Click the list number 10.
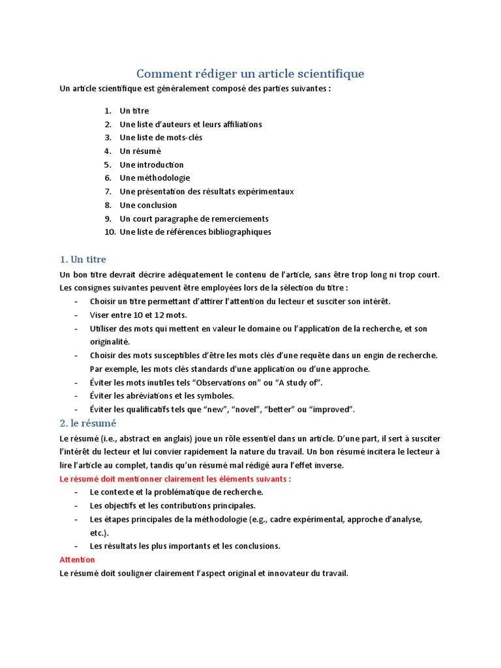click(x=110, y=232)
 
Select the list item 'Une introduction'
click(x=152, y=164)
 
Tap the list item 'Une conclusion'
click(x=148, y=205)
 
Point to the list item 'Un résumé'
click(x=140, y=151)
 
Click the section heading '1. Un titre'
click(x=82, y=259)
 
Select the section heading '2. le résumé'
click(x=87, y=423)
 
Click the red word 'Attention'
click(x=77, y=560)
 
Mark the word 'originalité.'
click(x=110, y=341)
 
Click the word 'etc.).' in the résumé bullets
click(x=99, y=532)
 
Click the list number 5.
click(x=108, y=164)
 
